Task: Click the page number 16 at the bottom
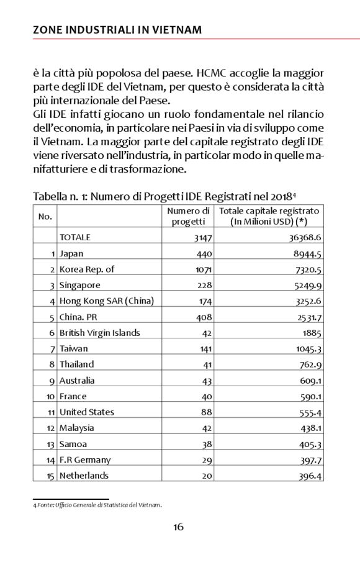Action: [x=178, y=527]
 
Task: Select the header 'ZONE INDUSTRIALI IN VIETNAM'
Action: [x=117, y=29]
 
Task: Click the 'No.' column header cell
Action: [x=45, y=216]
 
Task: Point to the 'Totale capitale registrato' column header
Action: [x=269, y=216]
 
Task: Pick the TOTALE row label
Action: [x=74, y=237]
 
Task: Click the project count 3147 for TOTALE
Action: [x=202, y=237]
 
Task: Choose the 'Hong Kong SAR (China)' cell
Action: [x=106, y=301]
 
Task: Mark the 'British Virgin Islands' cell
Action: [x=99, y=333]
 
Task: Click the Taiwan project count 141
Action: [x=205, y=349]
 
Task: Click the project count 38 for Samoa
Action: [x=207, y=444]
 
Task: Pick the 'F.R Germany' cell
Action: [x=84, y=459]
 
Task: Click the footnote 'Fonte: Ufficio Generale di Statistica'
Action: [x=97, y=505]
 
